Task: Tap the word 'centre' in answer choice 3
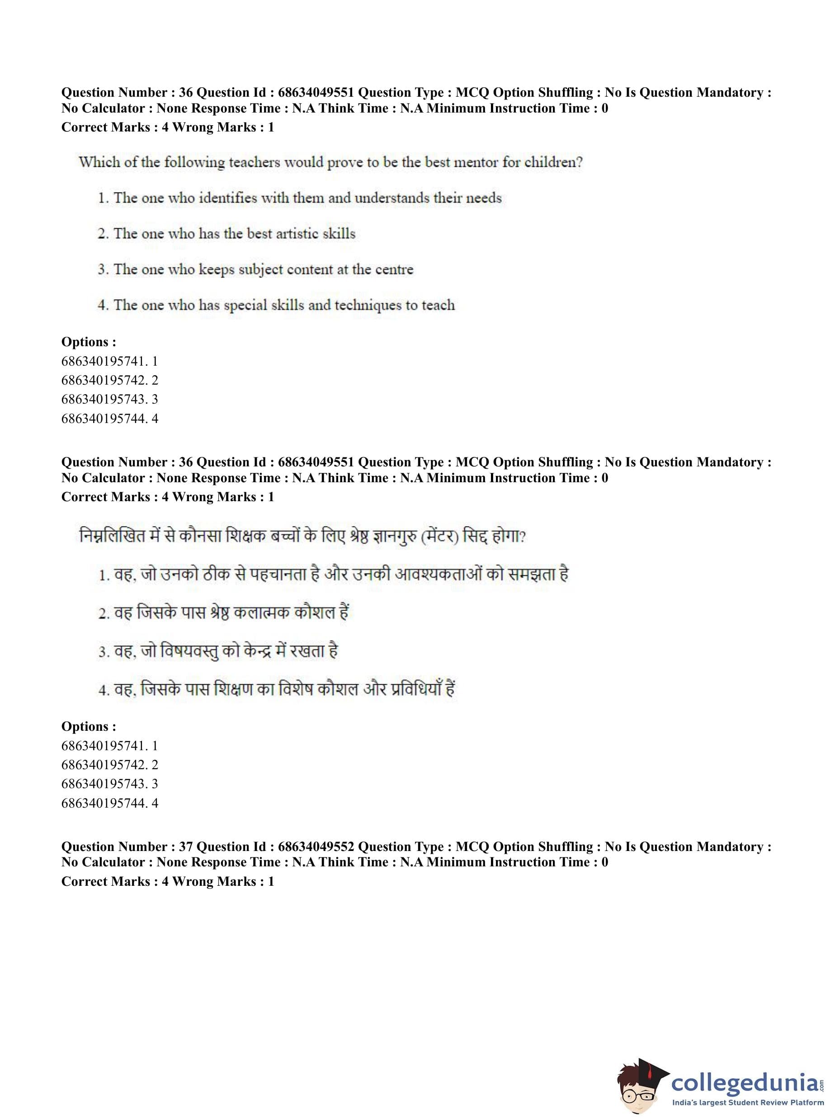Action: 393,269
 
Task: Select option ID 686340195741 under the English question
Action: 109,361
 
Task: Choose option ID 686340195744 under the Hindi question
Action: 109,803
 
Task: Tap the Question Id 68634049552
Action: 316,846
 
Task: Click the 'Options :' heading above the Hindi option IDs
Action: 89,726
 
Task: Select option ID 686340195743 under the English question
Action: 109,399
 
